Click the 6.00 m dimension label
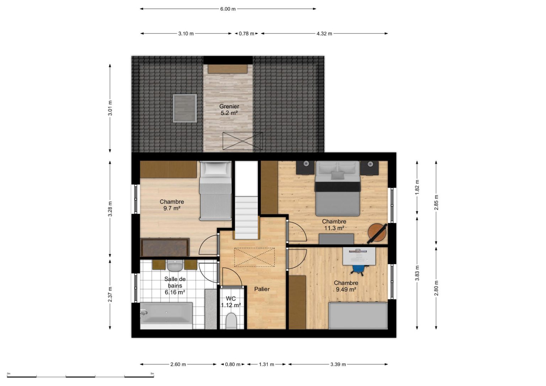click(228, 9)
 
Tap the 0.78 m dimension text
click(246, 34)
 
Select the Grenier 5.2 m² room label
click(229, 110)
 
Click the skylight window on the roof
click(185, 108)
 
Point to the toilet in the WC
click(231, 321)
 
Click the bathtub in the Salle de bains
click(166, 316)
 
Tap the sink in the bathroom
click(175, 266)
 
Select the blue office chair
click(358, 269)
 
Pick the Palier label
click(262, 289)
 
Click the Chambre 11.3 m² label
click(334, 225)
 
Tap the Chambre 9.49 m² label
click(346, 286)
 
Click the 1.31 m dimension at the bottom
click(266, 365)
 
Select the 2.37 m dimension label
click(110, 294)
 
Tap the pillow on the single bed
click(215, 168)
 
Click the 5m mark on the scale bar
click(152, 374)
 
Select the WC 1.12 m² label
click(231, 302)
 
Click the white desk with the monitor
click(359, 256)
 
